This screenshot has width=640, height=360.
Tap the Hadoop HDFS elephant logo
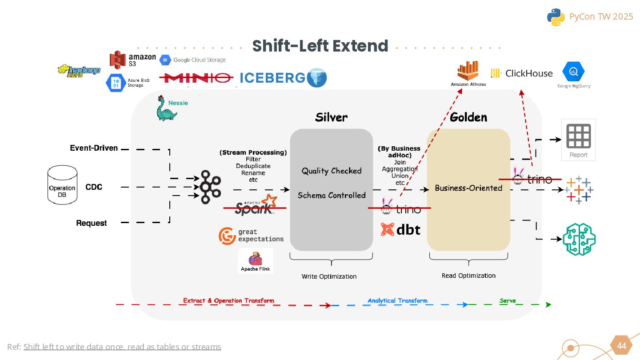coord(79,71)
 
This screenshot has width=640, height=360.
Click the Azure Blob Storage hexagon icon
coord(115,83)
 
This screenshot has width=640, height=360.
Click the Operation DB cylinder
coord(62,186)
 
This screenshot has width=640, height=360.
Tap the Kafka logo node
coord(210,187)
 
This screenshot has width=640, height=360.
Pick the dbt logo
coord(400,229)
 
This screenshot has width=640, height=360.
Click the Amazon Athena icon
coord(468,71)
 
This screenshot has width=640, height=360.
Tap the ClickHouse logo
coord(522,73)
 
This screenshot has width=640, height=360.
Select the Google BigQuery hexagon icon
coord(573,72)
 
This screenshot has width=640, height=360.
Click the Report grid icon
coord(578,136)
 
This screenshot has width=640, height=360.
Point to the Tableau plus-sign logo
coord(578,190)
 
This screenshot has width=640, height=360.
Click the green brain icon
coord(579,239)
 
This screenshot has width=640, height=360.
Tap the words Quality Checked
coord(332,171)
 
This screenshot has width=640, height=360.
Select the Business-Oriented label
coord(468,188)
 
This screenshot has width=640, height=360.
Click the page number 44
coord(622,346)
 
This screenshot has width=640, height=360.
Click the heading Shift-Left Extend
coord(320,46)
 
